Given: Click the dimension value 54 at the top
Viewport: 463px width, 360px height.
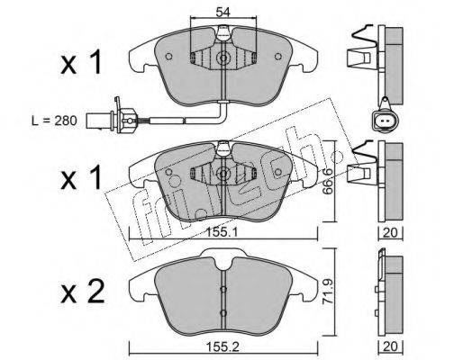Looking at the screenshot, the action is (x=222, y=12).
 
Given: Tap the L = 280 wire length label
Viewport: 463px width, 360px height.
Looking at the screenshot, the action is (x=54, y=121).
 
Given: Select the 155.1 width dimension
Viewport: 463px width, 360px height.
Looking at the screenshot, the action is (x=222, y=232).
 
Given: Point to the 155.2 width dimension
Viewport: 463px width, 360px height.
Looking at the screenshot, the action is (x=222, y=347).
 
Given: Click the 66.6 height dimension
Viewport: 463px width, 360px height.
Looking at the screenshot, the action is (x=329, y=181).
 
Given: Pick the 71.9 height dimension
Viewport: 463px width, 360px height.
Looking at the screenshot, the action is (x=328, y=292).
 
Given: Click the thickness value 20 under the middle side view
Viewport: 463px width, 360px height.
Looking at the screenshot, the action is (x=390, y=232).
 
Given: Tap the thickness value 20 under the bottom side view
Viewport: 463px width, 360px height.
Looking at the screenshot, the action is (x=390, y=346).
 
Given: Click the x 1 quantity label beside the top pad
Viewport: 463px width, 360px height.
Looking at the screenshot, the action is (x=81, y=62).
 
